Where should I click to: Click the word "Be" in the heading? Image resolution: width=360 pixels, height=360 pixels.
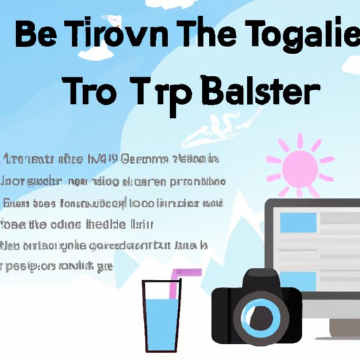pos(39,37)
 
